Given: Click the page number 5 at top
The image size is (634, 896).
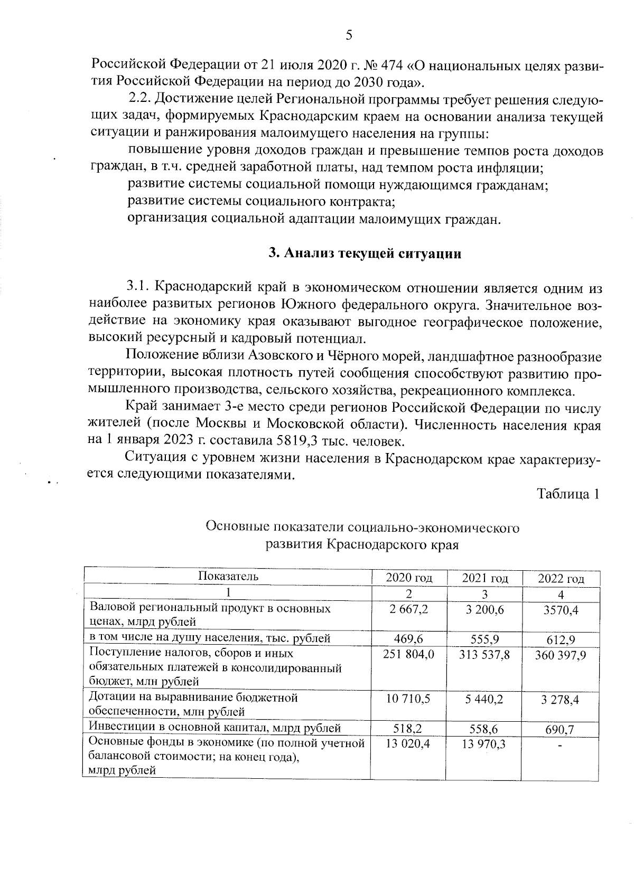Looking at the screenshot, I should click(348, 35).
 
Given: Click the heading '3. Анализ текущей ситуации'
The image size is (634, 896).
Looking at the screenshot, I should click(365, 253).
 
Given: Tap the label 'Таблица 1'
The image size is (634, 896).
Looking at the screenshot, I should click(568, 494).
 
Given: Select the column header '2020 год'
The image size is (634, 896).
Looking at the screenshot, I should click(408, 578).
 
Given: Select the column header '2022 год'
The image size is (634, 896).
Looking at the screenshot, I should click(561, 579).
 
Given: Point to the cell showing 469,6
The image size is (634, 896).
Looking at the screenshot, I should click(408, 639).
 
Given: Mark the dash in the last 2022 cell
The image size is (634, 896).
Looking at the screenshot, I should click(560, 746).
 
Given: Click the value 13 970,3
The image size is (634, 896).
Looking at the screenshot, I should click(484, 744).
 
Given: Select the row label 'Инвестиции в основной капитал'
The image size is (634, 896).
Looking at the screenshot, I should click(214, 728).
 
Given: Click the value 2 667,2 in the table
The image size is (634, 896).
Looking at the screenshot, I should click(408, 609).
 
